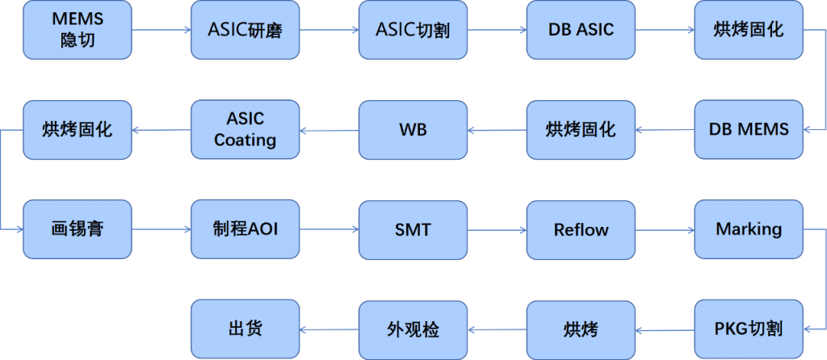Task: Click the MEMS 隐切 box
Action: [78, 30]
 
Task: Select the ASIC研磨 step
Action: [246, 30]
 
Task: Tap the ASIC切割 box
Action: [413, 30]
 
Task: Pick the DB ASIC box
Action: [581, 30]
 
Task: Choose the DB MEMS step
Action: [749, 129]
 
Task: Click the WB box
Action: [413, 129]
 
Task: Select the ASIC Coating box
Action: [246, 129]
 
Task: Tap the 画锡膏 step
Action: [78, 229]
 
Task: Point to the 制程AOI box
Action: [246, 229]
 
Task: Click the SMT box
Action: [413, 229]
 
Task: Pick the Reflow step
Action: [581, 229]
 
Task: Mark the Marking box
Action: [749, 229]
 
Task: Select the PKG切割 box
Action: [749, 329]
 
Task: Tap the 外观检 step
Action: [413, 329]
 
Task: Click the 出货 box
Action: [246, 329]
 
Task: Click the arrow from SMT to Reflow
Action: [497, 230]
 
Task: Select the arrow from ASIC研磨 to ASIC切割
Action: [330, 31]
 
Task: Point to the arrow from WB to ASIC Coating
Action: [330, 130]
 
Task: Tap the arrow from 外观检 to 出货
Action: [330, 329]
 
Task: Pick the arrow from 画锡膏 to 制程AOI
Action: [162, 230]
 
